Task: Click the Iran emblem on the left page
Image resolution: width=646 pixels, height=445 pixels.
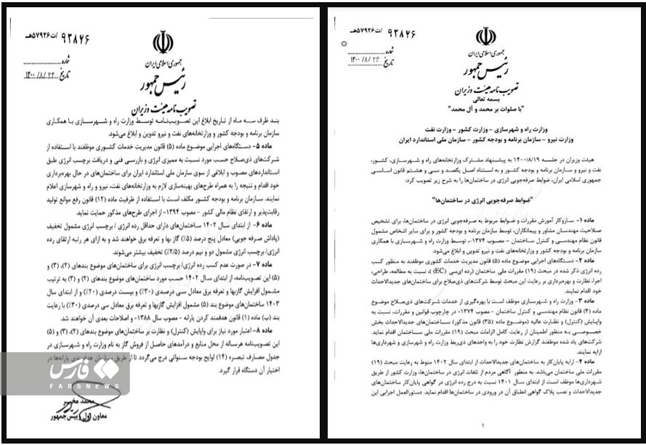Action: pyautogui.click(x=163, y=42)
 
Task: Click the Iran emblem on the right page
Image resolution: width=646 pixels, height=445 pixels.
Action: pyautogui.click(x=485, y=36)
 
